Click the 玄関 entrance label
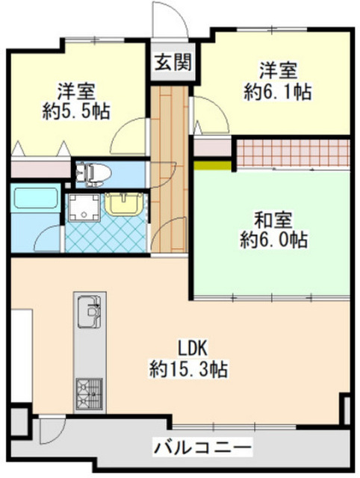[x=171, y=62]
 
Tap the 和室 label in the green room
[x=271, y=220]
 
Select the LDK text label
[x=190, y=348]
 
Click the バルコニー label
[x=202, y=448]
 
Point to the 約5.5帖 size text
[x=75, y=111]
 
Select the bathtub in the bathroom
[x=35, y=200]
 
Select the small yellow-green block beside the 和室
[x=213, y=164]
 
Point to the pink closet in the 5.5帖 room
[x=41, y=168]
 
